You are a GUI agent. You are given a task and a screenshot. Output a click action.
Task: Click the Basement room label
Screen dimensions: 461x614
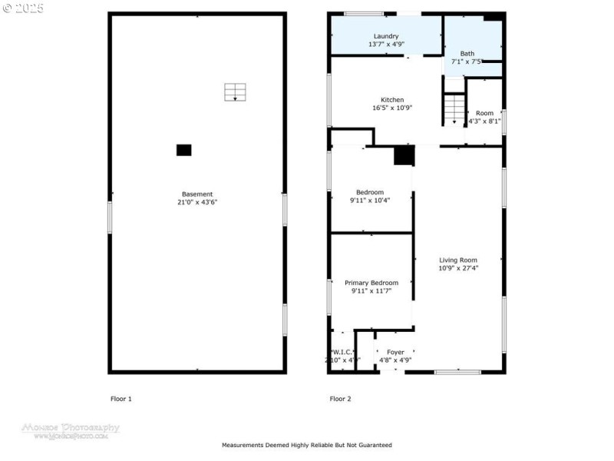click(197, 194)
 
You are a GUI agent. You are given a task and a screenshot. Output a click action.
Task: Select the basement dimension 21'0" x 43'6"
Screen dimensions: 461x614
click(197, 202)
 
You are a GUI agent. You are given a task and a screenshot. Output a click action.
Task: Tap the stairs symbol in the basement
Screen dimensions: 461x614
click(235, 92)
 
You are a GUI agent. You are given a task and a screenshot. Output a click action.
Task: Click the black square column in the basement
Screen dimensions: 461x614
click(184, 150)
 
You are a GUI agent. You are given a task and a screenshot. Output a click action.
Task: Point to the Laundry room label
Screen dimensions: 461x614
click(386, 36)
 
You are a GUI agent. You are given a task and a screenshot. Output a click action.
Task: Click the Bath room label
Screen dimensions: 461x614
click(467, 53)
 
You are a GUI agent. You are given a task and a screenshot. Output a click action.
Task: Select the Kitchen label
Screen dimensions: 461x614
click(392, 100)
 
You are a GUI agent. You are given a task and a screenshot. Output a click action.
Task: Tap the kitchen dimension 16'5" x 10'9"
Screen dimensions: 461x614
click(392, 108)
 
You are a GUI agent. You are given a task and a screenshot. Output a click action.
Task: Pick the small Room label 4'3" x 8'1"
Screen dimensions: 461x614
click(484, 114)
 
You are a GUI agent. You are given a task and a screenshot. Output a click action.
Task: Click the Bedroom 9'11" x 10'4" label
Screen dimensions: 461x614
click(369, 192)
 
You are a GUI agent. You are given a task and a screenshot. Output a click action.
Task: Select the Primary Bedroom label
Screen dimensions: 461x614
click(371, 283)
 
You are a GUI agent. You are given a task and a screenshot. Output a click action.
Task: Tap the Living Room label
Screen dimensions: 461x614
click(458, 260)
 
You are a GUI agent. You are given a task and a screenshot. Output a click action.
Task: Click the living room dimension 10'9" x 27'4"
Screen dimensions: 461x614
click(458, 268)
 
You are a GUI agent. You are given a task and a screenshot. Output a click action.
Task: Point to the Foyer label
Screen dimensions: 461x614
click(395, 352)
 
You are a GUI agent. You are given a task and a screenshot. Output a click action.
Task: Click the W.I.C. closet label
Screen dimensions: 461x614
click(342, 352)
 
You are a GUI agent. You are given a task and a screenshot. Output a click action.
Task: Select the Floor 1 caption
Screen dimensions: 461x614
click(121, 399)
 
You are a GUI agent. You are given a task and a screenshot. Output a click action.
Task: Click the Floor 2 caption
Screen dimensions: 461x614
click(340, 399)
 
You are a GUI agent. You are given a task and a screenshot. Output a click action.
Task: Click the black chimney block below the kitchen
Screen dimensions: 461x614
click(404, 155)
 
